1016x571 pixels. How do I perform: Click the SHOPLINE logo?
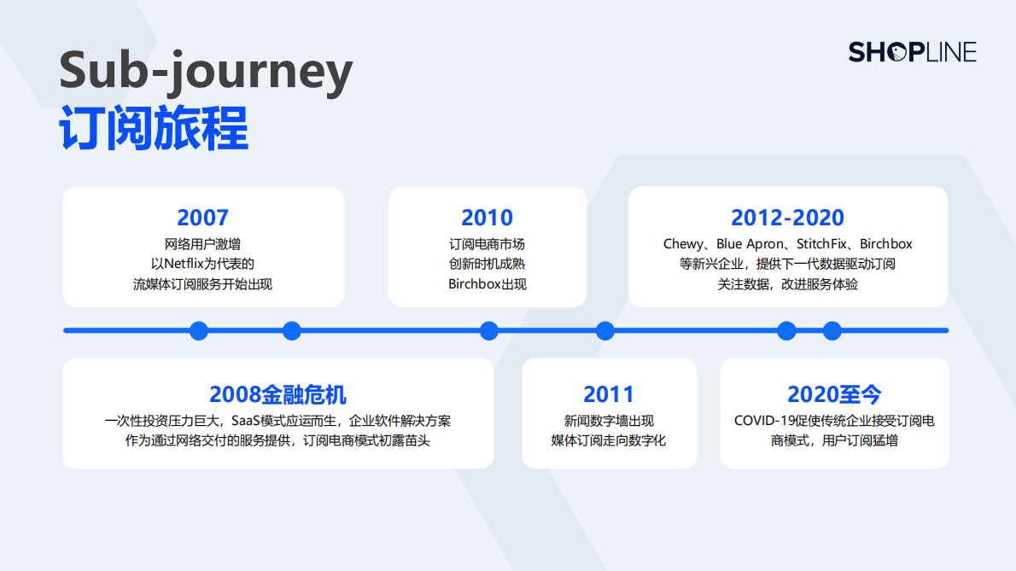pyautogui.click(x=912, y=52)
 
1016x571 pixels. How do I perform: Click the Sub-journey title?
pyautogui.click(x=206, y=71)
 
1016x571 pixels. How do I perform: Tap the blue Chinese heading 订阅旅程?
pyautogui.click(x=154, y=129)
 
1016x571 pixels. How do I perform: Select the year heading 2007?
pyautogui.click(x=202, y=218)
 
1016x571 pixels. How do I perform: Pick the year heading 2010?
pyautogui.click(x=487, y=218)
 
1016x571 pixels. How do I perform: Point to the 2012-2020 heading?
pyautogui.click(x=787, y=218)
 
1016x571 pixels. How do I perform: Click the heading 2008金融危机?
pyautogui.click(x=277, y=394)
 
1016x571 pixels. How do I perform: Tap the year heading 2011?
pyautogui.click(x=609, y=394)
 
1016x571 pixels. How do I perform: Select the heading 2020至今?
pyautogui.click(x=834, y=394)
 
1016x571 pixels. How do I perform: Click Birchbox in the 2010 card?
pyautogui.click(x=475, y=284)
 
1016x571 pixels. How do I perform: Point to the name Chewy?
pyautogui.click(x=684, y=244)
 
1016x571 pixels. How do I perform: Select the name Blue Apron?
pyautogui.click(x=750, y=244)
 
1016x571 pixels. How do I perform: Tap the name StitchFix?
pyautogui.click(x=826, y=244)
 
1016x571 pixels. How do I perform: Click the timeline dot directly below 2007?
pyautogui.click(x=199, y=330)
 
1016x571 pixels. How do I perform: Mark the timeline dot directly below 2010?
pyautogui.click(x=489, y=330)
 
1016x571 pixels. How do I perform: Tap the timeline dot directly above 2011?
pyautogui.click(x=605, y=330)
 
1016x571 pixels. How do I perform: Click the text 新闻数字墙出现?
pyautogui.click(x=609, y=421)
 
